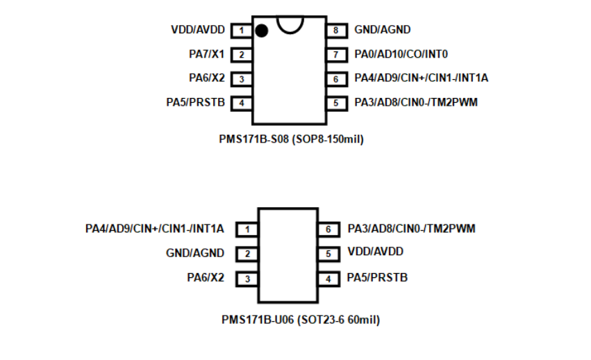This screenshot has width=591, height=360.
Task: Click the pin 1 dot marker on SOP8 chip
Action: point(262,31)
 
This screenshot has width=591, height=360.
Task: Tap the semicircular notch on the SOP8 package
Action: point(289,23)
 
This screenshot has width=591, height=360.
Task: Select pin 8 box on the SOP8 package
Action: point(335,31)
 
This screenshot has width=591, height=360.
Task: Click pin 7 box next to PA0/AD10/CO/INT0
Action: point(335,55)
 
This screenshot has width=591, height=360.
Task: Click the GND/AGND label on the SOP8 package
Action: point(382,30)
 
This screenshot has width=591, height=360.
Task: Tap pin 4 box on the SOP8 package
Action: point(241,103)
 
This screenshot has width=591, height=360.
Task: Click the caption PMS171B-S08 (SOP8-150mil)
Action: point(292,139)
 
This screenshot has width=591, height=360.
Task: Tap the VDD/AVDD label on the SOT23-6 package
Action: point(375,252)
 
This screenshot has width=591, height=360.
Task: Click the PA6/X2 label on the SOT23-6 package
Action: point(206,278)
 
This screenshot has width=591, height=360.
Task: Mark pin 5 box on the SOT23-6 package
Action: point(328,254)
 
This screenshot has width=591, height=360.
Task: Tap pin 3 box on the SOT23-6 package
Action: point(247,279)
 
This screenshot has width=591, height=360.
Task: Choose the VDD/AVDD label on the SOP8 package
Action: point(197,30)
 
